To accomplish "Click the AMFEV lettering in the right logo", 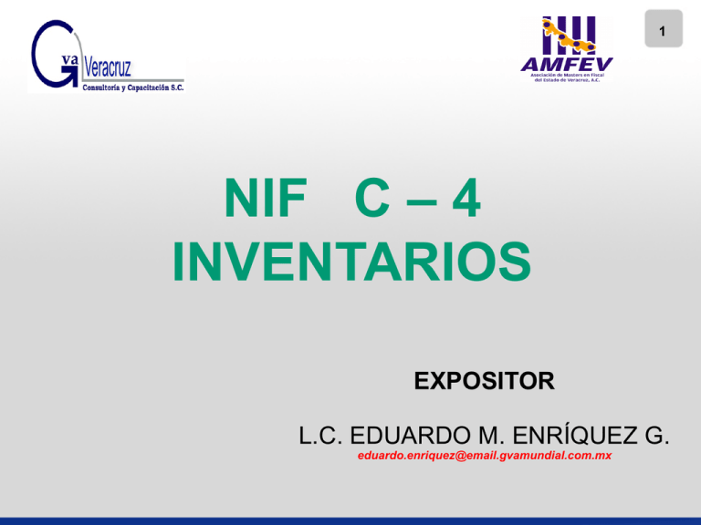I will coord(567,62).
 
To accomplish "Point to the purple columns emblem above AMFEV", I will coord(567,35).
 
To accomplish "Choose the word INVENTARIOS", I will coord(350,262).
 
